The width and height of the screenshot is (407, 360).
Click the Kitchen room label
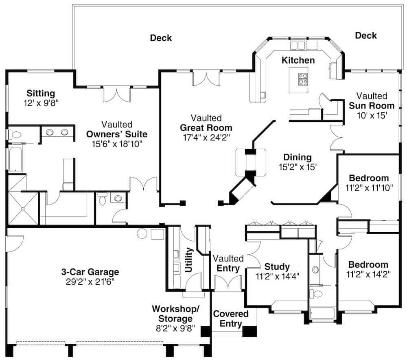(298, 61)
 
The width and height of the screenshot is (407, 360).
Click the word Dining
(297, 157)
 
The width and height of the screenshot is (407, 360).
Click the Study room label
(277, 267)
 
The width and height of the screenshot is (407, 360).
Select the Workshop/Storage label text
(175, 313)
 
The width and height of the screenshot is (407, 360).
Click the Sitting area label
(41, 94)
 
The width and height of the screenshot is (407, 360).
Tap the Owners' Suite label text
(117, 134)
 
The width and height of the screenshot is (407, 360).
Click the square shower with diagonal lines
(23, 208)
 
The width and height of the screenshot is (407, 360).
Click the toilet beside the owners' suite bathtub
(15, 134)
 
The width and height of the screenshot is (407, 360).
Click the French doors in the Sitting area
(117, 94)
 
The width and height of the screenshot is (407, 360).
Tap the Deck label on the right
(365, 35)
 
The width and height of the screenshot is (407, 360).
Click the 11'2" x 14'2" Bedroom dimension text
(369, 274)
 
